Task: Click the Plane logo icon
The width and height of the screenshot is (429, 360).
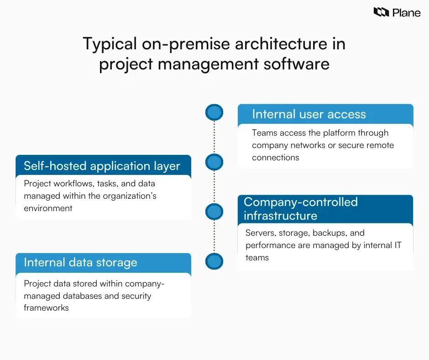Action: click(381, 12)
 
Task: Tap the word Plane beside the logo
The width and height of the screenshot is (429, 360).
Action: click(406, 12)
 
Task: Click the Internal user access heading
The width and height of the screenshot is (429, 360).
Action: click(309, 114)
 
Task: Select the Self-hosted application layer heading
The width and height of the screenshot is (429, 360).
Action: click(102, 166)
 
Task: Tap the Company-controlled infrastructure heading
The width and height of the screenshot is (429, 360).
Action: click(300, 208)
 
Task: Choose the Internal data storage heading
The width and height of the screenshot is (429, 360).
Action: click(80, 262)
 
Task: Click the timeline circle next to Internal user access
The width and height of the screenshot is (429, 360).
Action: click(214, 112)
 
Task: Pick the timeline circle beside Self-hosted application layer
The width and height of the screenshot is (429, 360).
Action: click(214, 162)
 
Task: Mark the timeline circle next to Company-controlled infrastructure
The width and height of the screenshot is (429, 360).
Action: click(214, 212)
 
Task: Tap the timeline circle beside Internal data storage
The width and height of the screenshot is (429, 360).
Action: click(214, 262)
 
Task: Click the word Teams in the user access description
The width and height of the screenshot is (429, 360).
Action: click(264, 133)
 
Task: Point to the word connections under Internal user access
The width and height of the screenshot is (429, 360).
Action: click(276, 158)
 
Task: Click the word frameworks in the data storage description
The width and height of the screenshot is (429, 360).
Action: click(46, 308)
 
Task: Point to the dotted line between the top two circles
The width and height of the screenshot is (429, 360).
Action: click(214, 137)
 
